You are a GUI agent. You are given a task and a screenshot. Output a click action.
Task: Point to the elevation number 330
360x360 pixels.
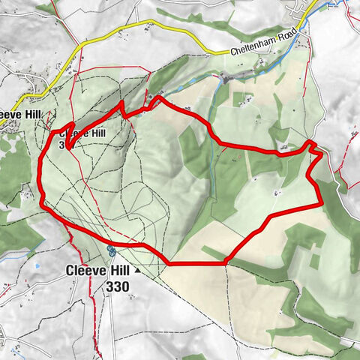118,286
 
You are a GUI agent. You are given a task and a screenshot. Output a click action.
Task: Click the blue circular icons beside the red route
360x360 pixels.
110,248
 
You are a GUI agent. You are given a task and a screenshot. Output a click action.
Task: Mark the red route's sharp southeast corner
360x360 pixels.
321,202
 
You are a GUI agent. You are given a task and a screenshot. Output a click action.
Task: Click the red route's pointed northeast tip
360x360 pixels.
312,142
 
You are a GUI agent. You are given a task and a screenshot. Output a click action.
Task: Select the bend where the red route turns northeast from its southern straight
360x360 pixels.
226,262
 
